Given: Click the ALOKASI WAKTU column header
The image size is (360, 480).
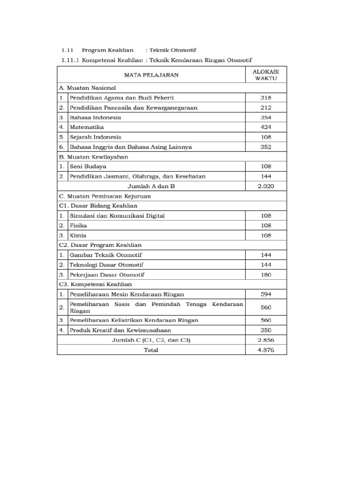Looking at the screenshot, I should click(x=266, y=75).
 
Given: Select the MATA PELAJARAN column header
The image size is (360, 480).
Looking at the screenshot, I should click(x=151, y=75).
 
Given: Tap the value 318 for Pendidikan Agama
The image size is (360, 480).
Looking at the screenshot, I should click(x=266, y=98).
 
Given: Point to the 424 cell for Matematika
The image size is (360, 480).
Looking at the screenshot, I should click(x=266, y=127).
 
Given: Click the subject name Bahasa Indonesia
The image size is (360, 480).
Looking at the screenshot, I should click(x=95, y=117).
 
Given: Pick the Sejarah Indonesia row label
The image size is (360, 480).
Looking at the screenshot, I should click(x=95, y=137).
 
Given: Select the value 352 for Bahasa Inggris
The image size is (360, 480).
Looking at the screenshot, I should click(x=266, y=147).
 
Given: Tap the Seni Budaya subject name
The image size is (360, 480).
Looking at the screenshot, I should click(x=88, y=166).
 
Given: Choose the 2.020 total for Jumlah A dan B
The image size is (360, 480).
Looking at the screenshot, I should click(x=266, y=186).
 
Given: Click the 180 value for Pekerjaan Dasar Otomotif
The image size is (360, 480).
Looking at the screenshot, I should click(x=266, y=274).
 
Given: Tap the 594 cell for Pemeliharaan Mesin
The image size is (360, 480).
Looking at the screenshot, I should click(x=266, y=294).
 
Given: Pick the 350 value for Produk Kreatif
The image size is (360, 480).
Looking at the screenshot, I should click(x=266, y=330).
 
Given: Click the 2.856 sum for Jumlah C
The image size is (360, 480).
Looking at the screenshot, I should click(x=266, y=340).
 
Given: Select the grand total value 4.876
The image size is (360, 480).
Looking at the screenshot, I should click(x=266, y=350).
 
